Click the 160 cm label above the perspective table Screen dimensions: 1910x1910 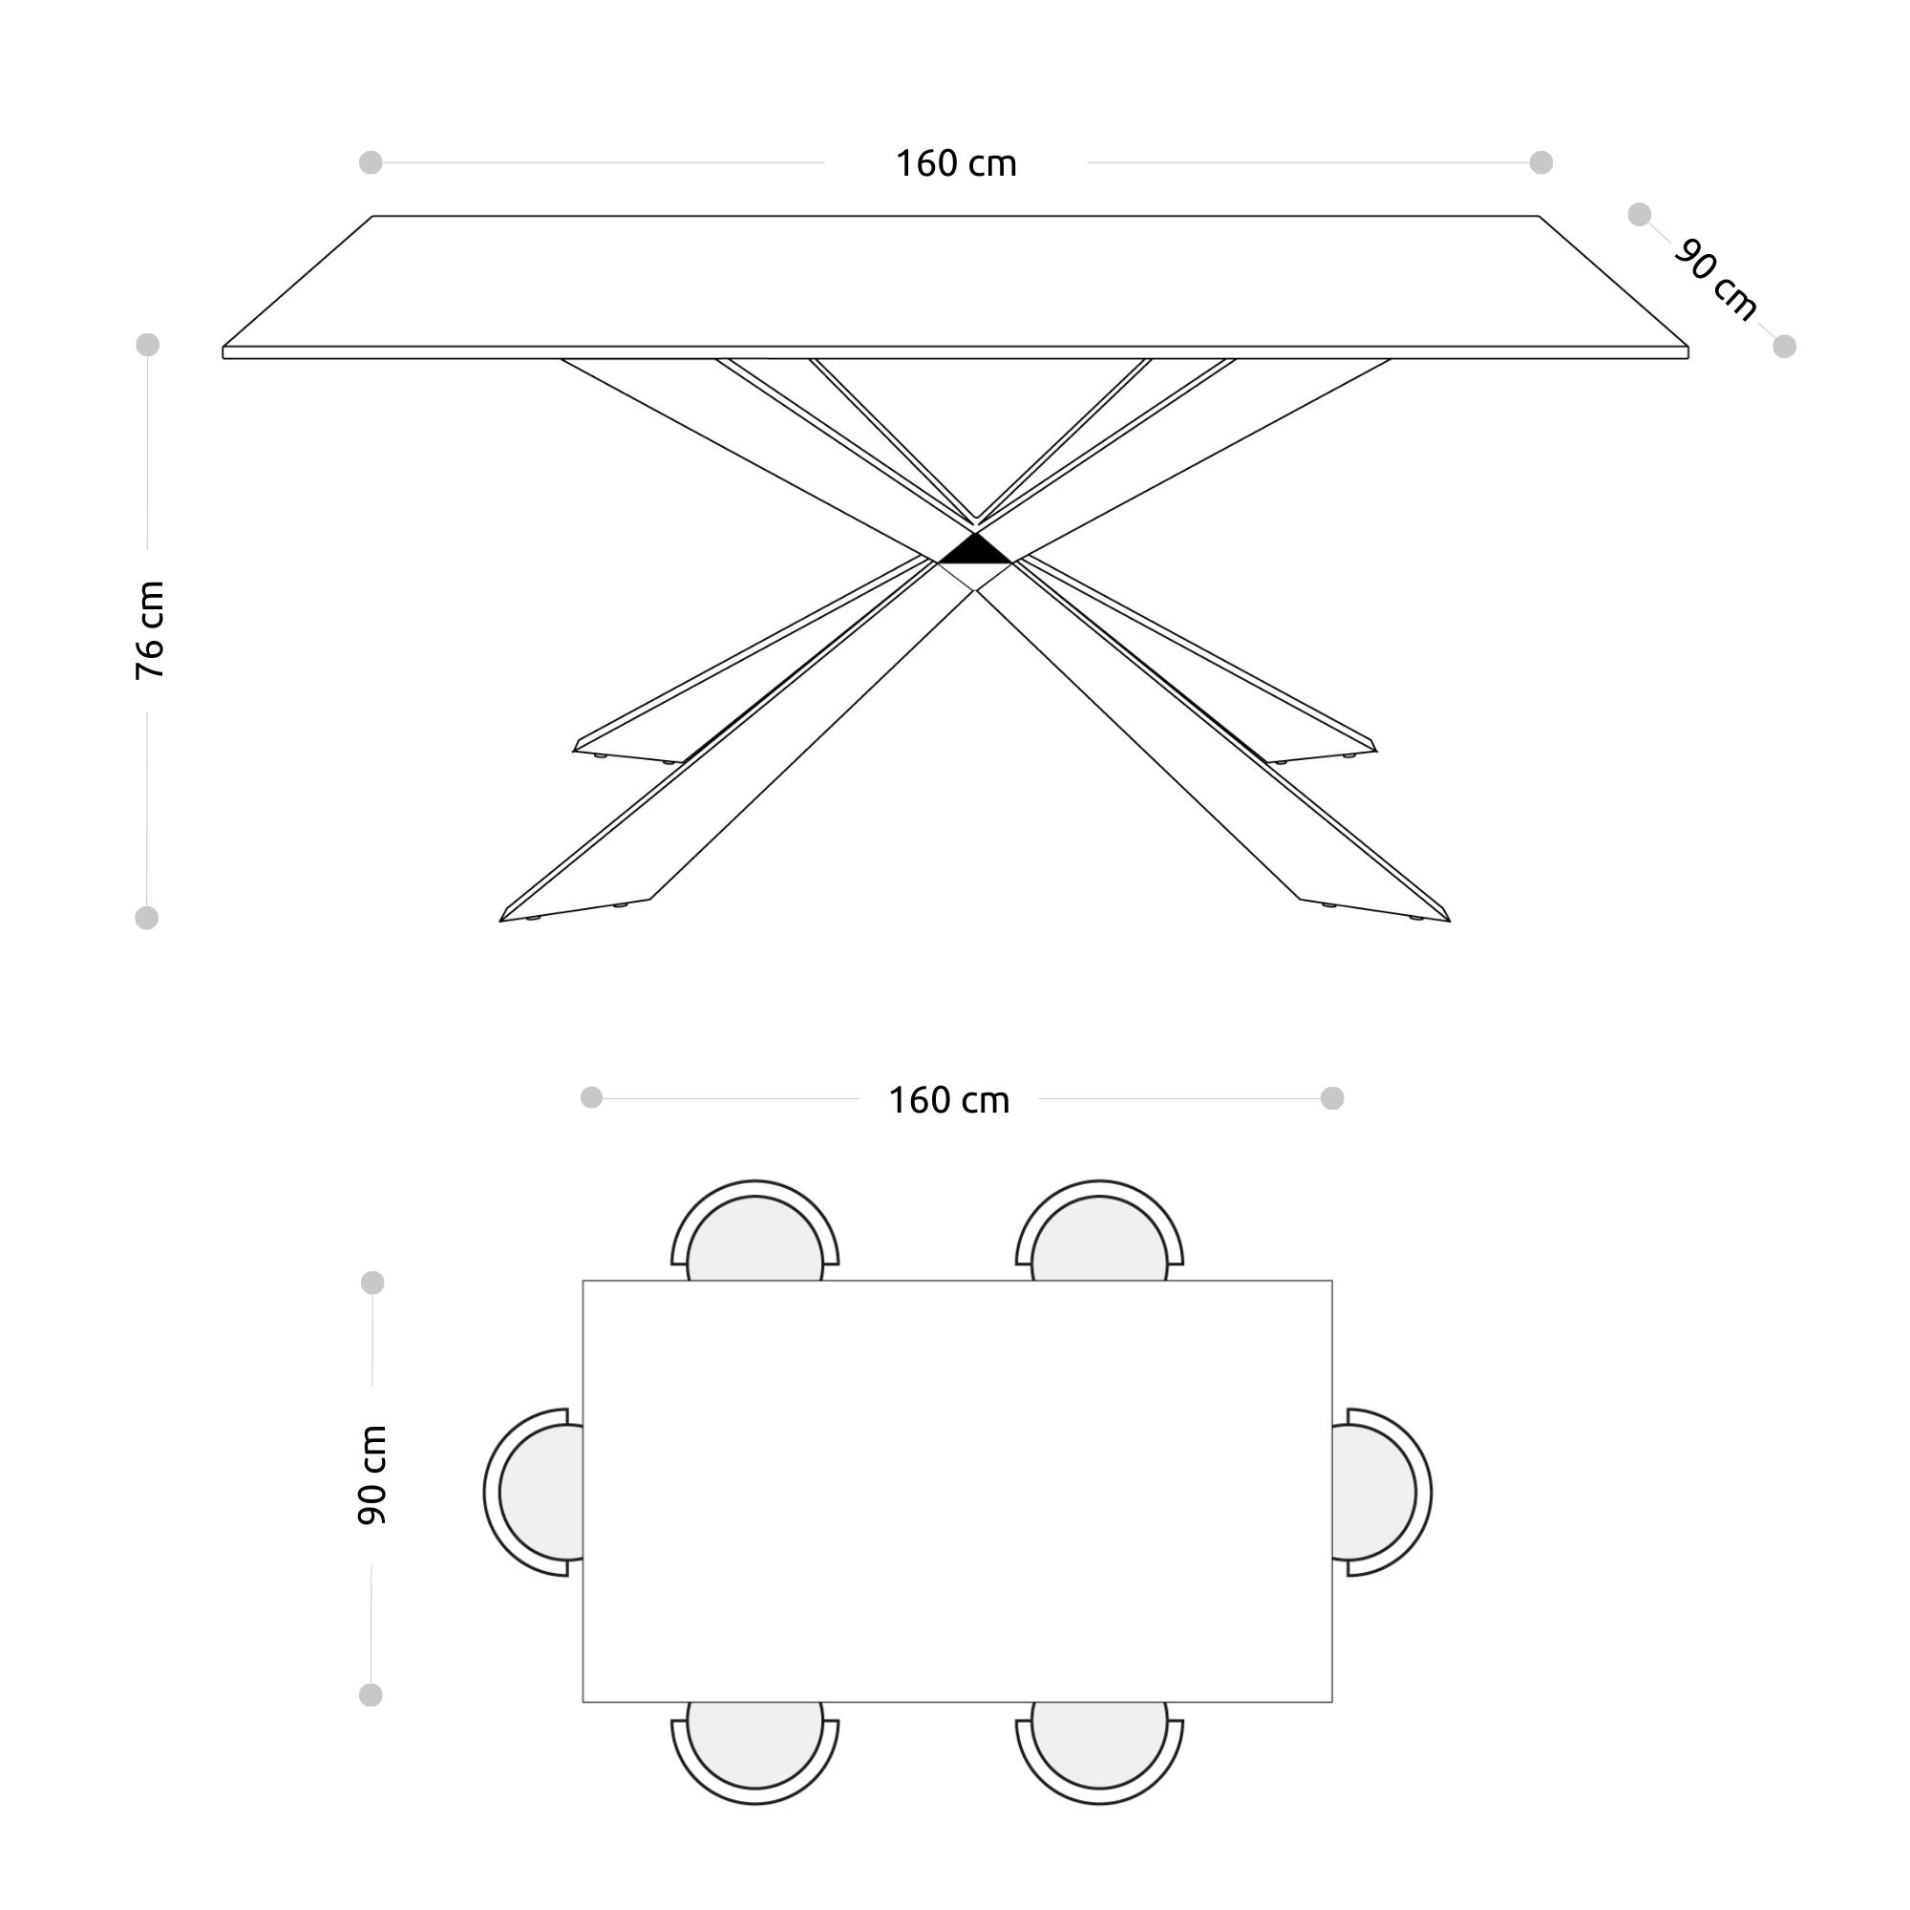(956, 164)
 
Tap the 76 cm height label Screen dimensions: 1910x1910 (150, 630)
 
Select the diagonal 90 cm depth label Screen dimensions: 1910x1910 (1716, 280)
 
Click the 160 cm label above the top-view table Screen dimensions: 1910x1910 (949, 1100)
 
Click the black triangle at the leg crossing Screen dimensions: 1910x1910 (975, 549)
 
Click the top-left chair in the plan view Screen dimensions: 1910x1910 (755, 1231)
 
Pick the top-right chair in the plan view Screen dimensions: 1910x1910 (1099, 1231)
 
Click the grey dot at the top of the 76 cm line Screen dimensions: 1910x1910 (147, 345)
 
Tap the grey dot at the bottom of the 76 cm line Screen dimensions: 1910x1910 (146, 919)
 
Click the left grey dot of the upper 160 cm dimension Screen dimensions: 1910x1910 (371, 162)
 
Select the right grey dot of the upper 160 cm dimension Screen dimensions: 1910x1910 (1541, 162)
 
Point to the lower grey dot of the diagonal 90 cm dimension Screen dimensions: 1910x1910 (1785, 347)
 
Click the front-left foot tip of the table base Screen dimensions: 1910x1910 (500, 922)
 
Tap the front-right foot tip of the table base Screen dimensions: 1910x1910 (1451, 922)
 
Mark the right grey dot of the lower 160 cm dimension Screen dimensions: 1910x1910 (1332, 1098)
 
